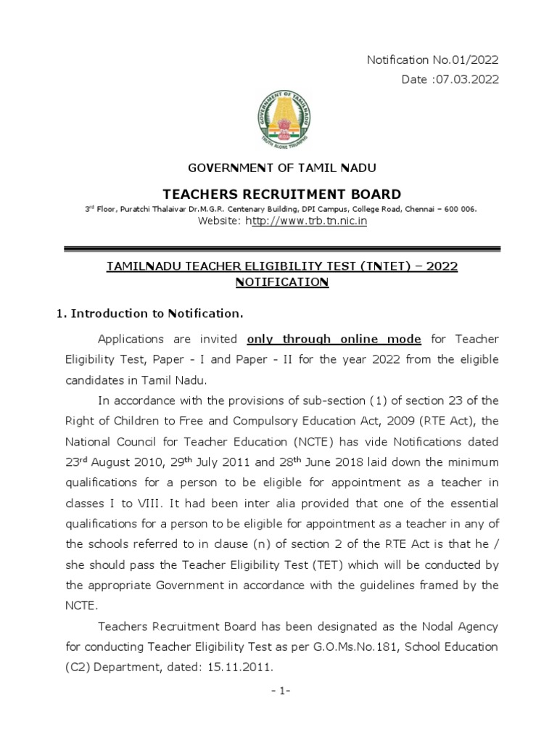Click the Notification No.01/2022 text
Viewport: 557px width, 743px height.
pos(433,60)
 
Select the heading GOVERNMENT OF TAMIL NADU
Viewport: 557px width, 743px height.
pos(283,168)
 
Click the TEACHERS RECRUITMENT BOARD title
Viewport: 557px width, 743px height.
pos(282,194)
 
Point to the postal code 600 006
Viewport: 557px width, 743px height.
pos(458,209)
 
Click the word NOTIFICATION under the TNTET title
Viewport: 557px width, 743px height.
pos(282,282)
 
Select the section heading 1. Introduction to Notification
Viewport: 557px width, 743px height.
pos(149,314)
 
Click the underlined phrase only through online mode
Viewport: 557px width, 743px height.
pos(334,339)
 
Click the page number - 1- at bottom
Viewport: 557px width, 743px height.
pos(278,691)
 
